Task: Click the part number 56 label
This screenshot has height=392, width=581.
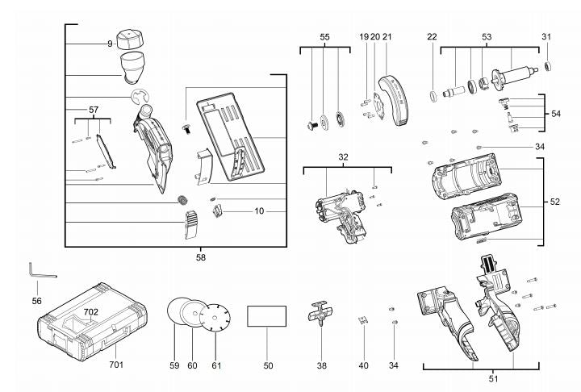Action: coord(36,300)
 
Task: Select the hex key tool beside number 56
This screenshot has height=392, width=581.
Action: coord(38,271)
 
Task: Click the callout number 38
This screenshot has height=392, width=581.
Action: coord(321,365)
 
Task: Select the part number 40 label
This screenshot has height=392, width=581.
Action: coord(363,365)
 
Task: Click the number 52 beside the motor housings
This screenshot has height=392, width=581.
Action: coord(554,202)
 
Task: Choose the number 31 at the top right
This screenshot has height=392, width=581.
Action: coord(546,36)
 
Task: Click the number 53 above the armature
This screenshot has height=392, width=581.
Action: coord(487,36)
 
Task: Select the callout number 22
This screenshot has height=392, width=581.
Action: coord(432,36)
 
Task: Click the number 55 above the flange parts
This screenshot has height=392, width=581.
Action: coord(324,36)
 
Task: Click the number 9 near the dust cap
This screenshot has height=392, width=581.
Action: coord(110,43)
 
